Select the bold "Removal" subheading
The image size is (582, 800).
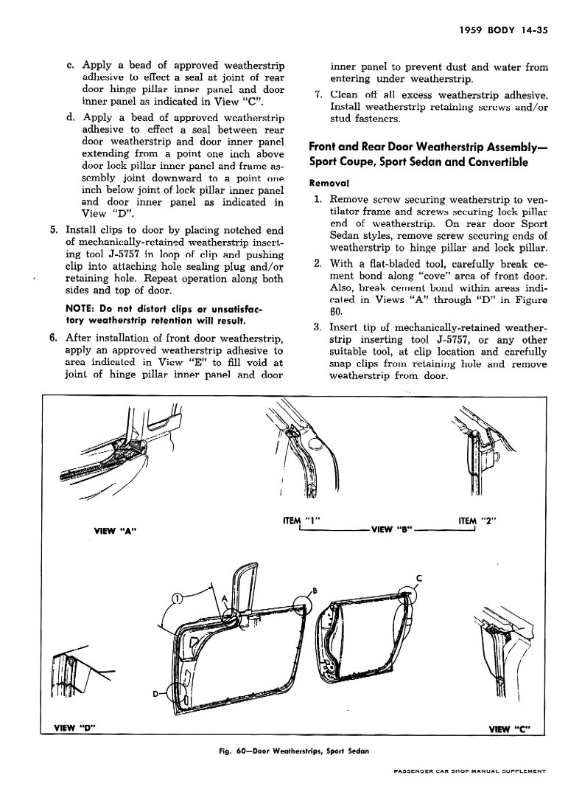329,183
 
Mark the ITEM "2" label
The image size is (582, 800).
477,521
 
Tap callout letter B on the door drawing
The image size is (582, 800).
314,589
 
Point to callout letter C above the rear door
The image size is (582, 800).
419,577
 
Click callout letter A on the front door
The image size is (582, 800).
223,599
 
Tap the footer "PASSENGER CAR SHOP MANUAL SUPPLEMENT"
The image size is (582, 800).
469,771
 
